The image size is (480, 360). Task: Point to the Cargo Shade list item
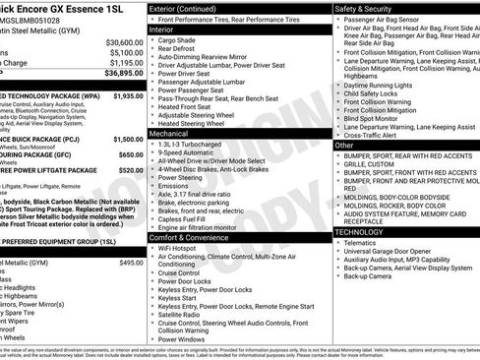coord(180,41)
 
